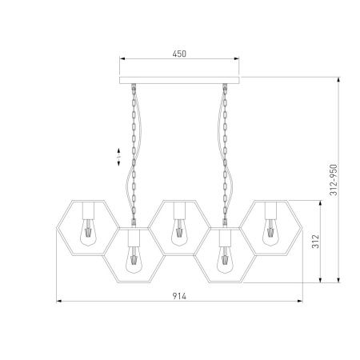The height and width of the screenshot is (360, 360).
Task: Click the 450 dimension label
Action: tap(179, 54)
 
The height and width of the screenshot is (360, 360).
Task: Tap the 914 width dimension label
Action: tap(179, 296)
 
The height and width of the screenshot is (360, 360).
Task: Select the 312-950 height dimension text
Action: tap(334, 180)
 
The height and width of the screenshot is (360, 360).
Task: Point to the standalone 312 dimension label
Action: tap(315, 242)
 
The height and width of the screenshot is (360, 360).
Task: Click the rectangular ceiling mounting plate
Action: tap(179, 80)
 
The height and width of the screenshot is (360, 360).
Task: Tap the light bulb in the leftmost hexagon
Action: tap(88, 232)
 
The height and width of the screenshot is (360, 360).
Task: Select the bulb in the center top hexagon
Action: tap(179, 232)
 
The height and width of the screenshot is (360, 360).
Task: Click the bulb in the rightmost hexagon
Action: tap(270, 232)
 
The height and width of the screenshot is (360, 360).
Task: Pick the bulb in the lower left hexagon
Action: tap(134, 259)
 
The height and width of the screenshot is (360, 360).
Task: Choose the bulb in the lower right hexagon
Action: tap(225, 259)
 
